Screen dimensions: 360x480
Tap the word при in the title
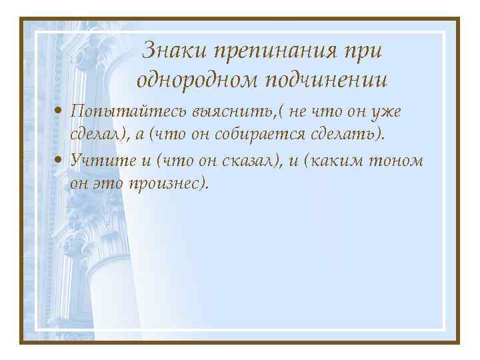coord(367,52)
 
